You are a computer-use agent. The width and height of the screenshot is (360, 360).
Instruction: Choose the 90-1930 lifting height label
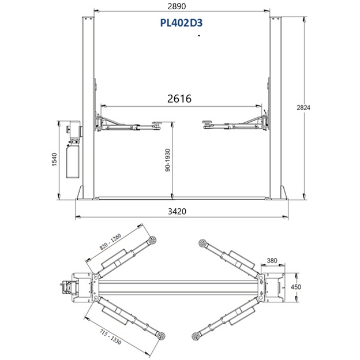[x=168, y=160]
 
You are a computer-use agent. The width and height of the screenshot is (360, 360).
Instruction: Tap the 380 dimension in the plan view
[x=272, y=261]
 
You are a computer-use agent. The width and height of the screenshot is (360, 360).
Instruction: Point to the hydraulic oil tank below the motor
[x=73, y=162]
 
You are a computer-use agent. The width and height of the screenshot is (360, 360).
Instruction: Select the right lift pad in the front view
[x=207, y=121]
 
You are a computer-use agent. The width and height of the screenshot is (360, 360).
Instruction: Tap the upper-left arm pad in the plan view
[x=152, y=241]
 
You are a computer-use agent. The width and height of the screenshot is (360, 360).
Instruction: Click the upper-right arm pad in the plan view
[x=201, y=242]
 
